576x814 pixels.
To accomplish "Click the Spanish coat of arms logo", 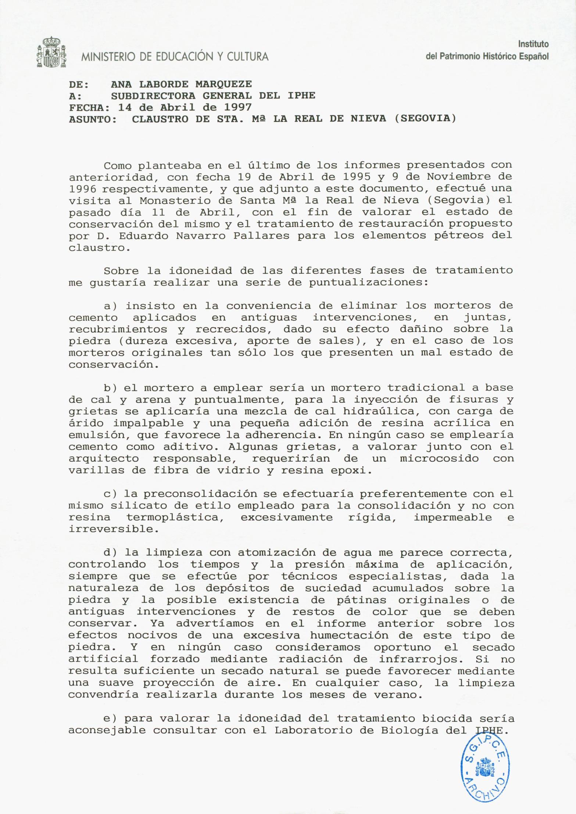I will click(x=51, y=52).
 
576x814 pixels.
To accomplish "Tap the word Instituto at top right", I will click(x=533, y=44).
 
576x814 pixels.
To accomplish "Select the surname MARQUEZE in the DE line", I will click(x=223, y=84).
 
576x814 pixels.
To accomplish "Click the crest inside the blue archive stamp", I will click(x=485, y=767).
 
